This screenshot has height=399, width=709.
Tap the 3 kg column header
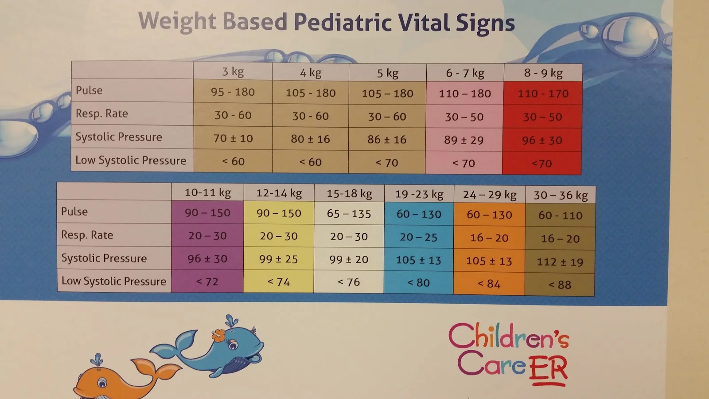pyautogui.click(x=233, y=71)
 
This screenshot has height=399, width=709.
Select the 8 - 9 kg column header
pyautogui.click(x=543, y=73)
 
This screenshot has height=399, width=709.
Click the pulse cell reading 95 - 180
pyautogui.click(x=233, y=92)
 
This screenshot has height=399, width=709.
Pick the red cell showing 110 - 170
pyautogui.click(x=543, y=94)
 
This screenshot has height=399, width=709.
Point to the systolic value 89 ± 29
pyautogui.click(x=464, y=140)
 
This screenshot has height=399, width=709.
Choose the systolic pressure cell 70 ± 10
pyautogui.click(x=233, y=139)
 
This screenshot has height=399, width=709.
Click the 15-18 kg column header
pyautogui.click(x=349, y=194)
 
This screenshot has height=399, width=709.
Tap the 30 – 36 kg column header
pyautogui.click(x=561, y=196)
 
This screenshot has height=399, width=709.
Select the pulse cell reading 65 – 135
pyautogui.click(x=349, y=214)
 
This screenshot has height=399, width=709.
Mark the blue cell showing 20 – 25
pyautogui.click(x=418, y=238)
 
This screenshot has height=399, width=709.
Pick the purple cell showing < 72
pyautogui.click(x=207, y=282)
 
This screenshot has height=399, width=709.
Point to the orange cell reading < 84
pyautogui.click(x=489, y=284)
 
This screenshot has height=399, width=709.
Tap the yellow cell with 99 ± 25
pyautogui.click(x=278, y=259)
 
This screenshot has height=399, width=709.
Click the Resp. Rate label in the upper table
pyautogui.click(x=101, y=113)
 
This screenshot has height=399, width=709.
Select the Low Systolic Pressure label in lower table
pyautogui.click(x=113, y=281)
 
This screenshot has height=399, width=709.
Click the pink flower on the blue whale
pyautogui.click(x=219, y=335)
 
